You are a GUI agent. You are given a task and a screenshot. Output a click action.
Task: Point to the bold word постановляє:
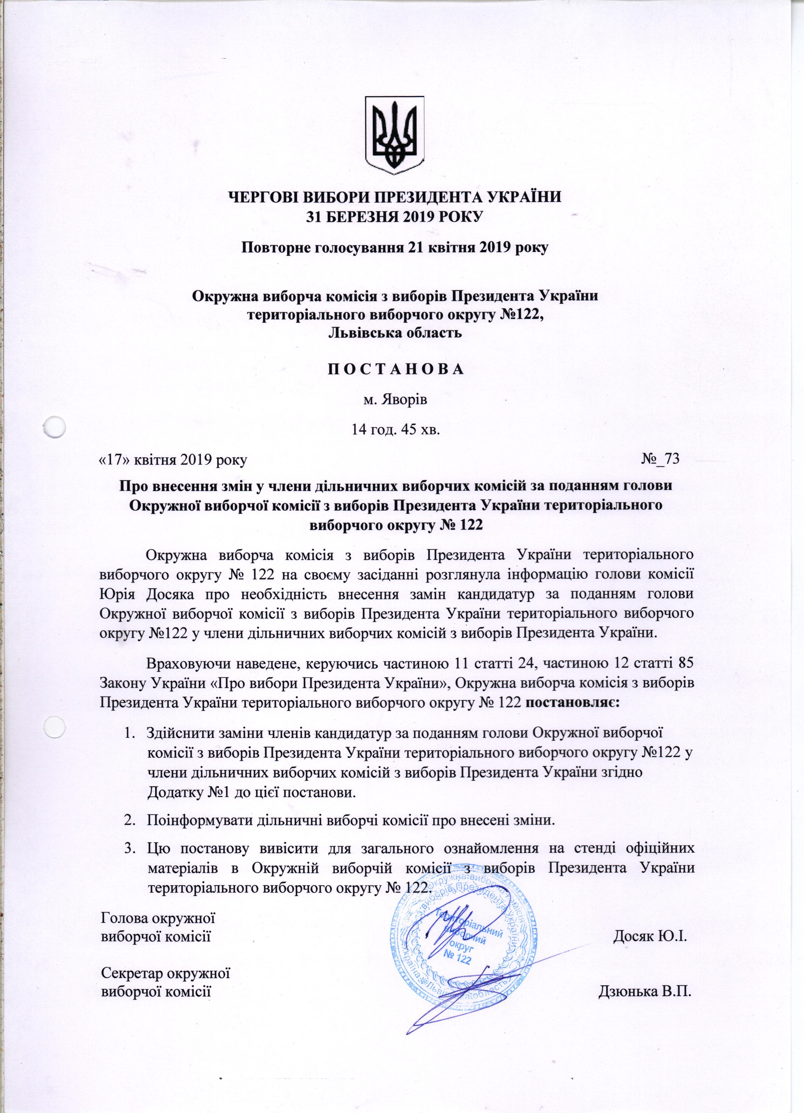coord(572,702)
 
